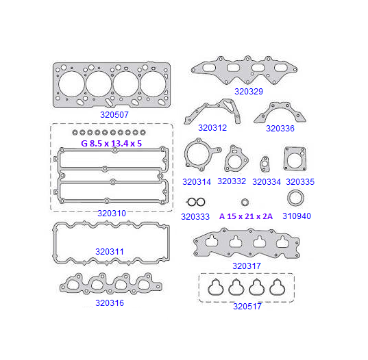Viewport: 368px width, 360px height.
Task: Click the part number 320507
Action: [x=114, y=114]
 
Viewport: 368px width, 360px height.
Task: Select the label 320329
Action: [x=249, y=92]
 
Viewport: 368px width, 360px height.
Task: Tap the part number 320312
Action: [x=212, y=128]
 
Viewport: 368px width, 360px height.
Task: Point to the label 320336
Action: [x=280, y=129]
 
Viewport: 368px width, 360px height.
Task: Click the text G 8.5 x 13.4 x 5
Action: [x=112, y=144]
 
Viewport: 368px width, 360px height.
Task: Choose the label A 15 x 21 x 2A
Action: [x=246, y=216]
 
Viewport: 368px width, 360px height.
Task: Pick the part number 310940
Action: [x=297, y=216]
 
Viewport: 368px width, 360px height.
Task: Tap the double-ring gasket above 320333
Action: [x=196, y=202]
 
